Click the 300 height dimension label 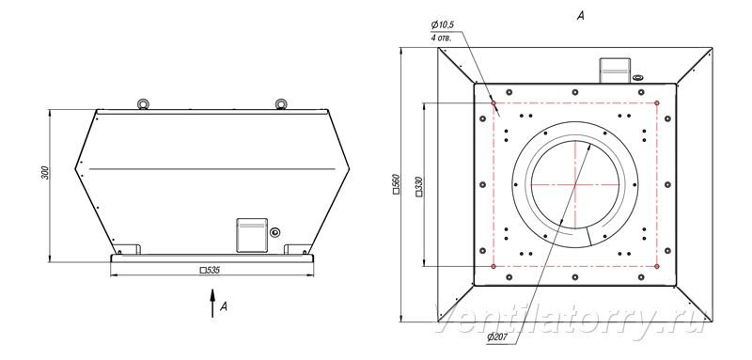[45, 173]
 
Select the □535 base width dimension [210, 271]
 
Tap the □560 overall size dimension [396, 184]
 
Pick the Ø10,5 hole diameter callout [442, 24]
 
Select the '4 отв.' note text [441, 39]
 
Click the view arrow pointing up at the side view [212, 303]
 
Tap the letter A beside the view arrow [223, 306]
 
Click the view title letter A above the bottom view [580, 16]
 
